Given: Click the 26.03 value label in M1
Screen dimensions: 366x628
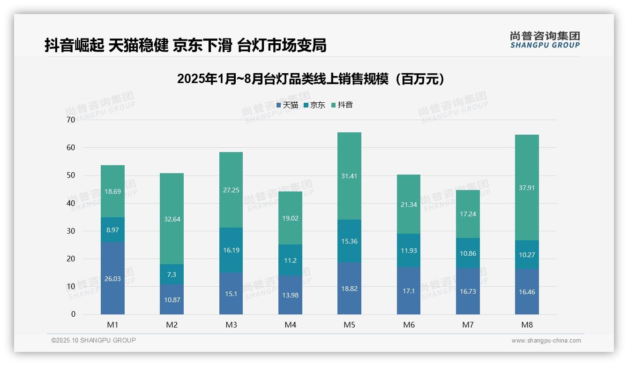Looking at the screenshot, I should pyautogui.click(x=112, y=279).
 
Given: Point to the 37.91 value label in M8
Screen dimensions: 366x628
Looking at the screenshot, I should pyautogui.click(x=527, y=188).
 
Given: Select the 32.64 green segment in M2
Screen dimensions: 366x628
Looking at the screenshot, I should pyautogui.click(x=172, y=219).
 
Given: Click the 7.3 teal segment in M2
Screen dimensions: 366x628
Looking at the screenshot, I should pyautogui.click(x=172, y=274).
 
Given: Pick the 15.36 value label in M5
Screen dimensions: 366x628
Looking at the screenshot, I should pyautogui.click(x=349, y=242).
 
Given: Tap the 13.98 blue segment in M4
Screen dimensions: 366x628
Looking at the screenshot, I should pyautogui.click(x=290, y=295).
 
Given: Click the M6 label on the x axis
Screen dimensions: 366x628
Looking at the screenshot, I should pyautogui.click(x=409, y=325).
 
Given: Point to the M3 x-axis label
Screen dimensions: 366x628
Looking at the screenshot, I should pyautogui.click(x=231, y=325).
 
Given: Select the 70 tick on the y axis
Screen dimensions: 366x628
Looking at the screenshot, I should pyautogui.click(x=71, y=120).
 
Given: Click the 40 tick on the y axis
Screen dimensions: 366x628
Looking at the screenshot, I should pyautogui.click(x=71, y=203).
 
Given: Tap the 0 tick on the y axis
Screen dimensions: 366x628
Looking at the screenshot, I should pyautogui.click(x=73, y=314).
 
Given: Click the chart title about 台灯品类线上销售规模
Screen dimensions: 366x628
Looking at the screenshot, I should pyautogui.click(x=311, y=79).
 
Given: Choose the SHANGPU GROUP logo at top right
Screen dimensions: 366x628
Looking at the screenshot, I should pyautogui.click(x=545, y=39).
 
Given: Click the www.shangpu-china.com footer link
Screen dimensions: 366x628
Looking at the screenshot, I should pyautogui.click(x=546, y=341).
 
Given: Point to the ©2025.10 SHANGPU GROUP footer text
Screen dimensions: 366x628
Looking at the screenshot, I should pyautogui.click(x=94, y=341).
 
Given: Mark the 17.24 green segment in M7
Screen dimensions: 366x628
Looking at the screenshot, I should pyautogui.click(x=468, y=214).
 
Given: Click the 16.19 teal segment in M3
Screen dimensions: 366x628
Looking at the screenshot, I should pyautogui.click(x=231, y=250).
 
